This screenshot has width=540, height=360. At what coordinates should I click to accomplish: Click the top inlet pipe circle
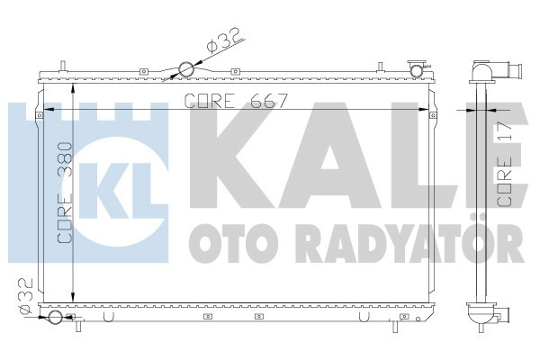click(x=186, y=69)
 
